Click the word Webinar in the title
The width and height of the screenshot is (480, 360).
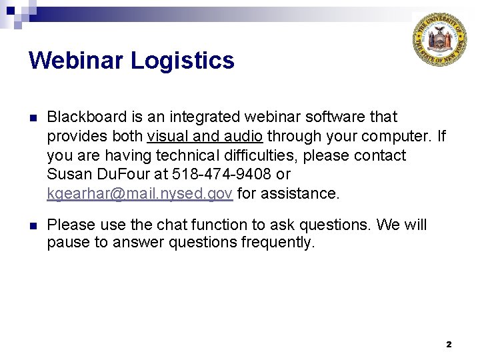[76, 61]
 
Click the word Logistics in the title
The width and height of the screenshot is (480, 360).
[183, 61]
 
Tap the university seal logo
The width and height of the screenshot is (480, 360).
[439, 40]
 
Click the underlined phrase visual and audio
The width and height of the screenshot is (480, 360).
[205, 136]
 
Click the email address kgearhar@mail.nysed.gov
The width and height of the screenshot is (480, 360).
[140, 193]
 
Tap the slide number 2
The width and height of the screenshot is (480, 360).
[448, 344]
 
